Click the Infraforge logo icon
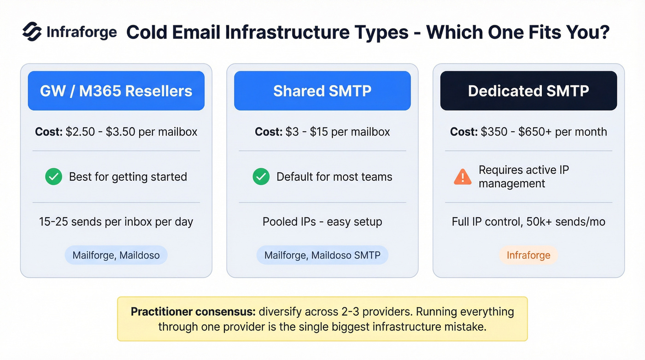click(x=32, y=32)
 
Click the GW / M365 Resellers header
click(x=116, y=91)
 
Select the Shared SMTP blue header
click(x=322, y=91)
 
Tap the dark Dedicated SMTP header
click(x=528, y=91)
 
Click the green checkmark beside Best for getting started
click(x=54, y=177)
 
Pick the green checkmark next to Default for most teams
click(x=261, y=177)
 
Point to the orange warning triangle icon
click(x=463, y=177)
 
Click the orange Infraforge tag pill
click(x=528, y=255)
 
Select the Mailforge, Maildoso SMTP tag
click(x=322, y=255)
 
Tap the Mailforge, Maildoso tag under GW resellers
click(x=116, y=255)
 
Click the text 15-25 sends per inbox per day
click(x=116, y=222)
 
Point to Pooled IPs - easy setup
click(x=322, y=222)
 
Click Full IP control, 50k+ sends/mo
click(x=528, y=222)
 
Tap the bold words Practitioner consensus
click(x=193, y=312)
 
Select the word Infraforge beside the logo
click(x=82, y=32)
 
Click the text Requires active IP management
click(x=523, y=177)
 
